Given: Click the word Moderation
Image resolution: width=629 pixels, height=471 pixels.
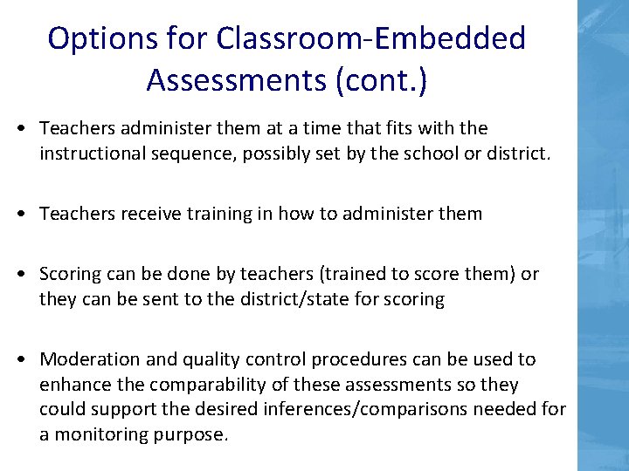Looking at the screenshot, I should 86,359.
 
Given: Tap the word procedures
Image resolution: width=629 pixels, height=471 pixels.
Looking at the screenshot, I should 345,359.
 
